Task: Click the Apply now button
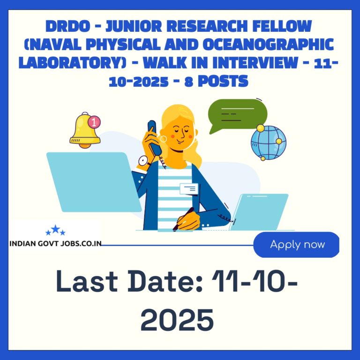pyautogui.click(x=296, y=245)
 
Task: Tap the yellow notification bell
pyautogui.click(x=85, y=131)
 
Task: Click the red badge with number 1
pyautogui.click(x=94, y=122)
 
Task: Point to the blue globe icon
pyautogui.click(x=269, y=142)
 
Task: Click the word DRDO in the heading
pyautogui.click(x=67, y=26)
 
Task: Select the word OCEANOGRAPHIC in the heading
pyautogui.click(x=268, y=45)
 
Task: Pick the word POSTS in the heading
pyautogui.click(x=223, y=81)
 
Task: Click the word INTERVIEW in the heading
pyautogui.click(x=255, y=63)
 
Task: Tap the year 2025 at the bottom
pyautogui.click(x=177, y=320)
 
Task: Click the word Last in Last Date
pyautogui.click(x=87, y=281)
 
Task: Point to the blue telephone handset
pyautogui.click(x=154, y=138)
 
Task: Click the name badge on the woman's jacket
pyautogui.click(x=189, y=189)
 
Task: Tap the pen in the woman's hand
pyautogui.click(x=183, y=219)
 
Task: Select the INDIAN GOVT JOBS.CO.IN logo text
pyautogui.click(x=55, y=243)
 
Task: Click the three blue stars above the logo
pyautogui.click(x=55, y=230)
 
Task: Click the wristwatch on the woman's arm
pyautogui.click(x=143, y=161)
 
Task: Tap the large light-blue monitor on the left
pyautogui.click(x=94, y=182)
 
